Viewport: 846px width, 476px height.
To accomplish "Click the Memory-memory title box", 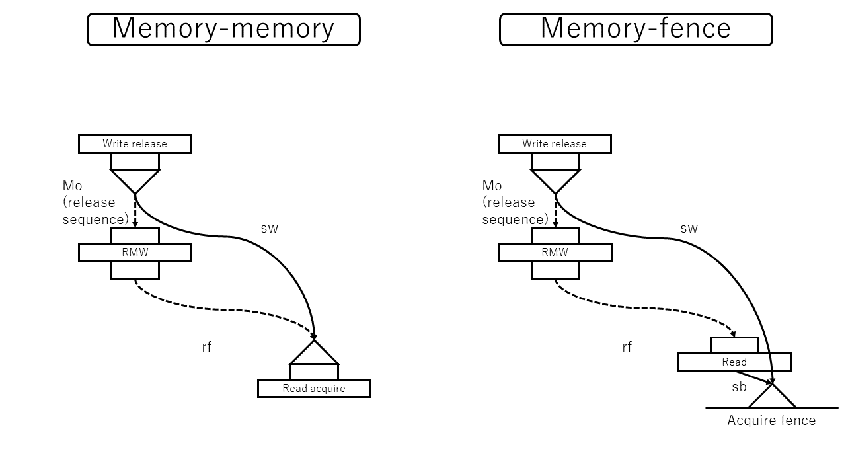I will (x=223, y=29).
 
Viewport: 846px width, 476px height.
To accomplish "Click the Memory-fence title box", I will (x=636, y=29).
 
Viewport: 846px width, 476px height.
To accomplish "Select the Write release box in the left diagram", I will (x=135, y=144).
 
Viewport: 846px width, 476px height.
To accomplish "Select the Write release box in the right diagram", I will (x=555, y=144).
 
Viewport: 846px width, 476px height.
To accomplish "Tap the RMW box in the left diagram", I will (x=135, y=252).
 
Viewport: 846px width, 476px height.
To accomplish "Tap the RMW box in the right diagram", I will (x=555, y=252).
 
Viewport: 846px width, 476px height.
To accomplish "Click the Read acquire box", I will (x=314, y=388).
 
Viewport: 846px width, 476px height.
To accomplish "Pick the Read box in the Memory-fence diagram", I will (x=734, y=362).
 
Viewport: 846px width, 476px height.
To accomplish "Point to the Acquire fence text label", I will (x=771, y=420).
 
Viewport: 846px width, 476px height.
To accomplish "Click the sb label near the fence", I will (x=739, y=387).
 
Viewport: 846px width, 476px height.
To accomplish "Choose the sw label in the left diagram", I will (x=270, y=229).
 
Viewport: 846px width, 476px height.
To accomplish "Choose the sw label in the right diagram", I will (x=689, y=229).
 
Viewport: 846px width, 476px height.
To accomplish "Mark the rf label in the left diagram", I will (x=207, y=347).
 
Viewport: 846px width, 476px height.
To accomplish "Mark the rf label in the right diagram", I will (x=627, y=347).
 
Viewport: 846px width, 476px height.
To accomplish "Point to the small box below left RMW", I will (x=135, y=270).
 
